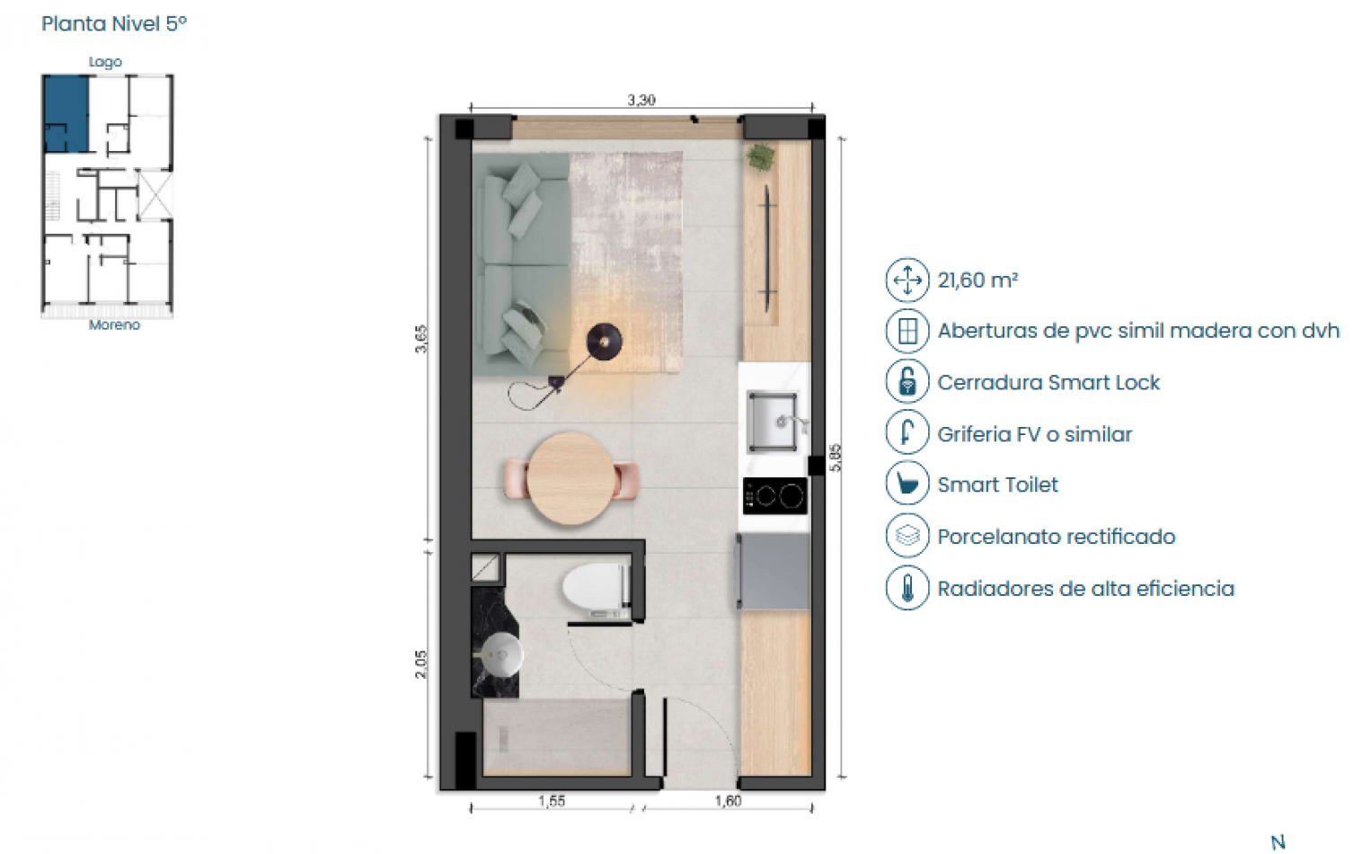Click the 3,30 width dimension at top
pos(641,100)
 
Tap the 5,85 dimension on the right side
pos(836,457)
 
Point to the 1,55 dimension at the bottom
pos(552,801)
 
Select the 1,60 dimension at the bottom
pos(728,801)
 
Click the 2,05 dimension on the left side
pos(421,663)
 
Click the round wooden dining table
pos(571,478)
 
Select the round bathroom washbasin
pos(500,654)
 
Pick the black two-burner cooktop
pos(774,495)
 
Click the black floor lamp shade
pos(604,342)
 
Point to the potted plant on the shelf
pos(760,156)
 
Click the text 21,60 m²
pos(977,280)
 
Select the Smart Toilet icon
pos(907,485)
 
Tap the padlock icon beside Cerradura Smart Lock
pos(907,382)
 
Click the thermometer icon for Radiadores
pos(907,589)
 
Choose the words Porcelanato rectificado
pos(1056,537)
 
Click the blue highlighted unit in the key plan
pos(66,112)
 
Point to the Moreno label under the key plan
pos(114,325)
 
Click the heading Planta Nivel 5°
pos(114,24)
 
